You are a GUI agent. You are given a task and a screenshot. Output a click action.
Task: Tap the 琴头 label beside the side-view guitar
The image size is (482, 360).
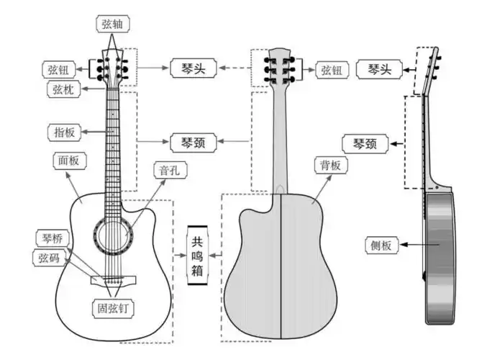tap(379, 70)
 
